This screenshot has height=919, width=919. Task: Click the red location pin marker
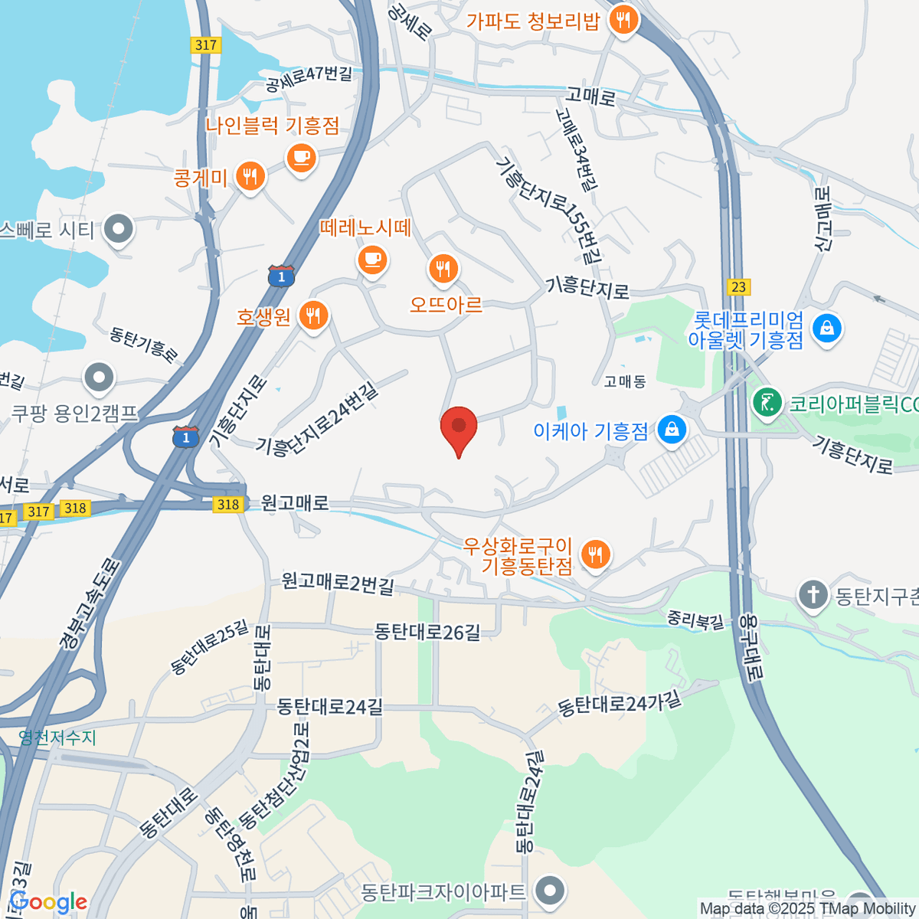[459, 427]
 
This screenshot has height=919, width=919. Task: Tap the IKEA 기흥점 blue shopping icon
[672, 430]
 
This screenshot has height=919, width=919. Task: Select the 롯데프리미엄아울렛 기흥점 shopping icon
[826, 329]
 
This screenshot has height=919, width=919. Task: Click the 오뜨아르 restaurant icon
[443, 269]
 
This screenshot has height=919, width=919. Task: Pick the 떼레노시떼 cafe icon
[372, 260]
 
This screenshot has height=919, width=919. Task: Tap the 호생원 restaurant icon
[312, 315]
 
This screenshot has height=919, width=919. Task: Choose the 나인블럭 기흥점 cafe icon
[301, 159]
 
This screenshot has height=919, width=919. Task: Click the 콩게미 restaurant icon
[249, 177]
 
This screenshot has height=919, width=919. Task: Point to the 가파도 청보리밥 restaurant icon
[624, 20]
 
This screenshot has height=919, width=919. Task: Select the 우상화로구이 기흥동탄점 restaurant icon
[595, 554]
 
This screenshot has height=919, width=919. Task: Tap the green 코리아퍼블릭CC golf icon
[767, 402]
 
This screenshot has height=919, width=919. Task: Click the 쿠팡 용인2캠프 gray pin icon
[99, 378]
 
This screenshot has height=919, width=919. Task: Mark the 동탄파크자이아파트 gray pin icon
[549, 891]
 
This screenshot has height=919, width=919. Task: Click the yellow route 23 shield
[737, 287]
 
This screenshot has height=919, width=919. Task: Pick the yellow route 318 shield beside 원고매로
[228, 504]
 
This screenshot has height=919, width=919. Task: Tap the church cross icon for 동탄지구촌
[813, 595]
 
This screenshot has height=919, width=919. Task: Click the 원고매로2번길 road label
[338, 584]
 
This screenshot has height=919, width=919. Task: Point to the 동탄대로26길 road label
[427, 632]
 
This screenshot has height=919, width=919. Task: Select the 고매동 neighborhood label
[625, 381]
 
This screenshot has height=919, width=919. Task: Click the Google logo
[47, 902]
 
